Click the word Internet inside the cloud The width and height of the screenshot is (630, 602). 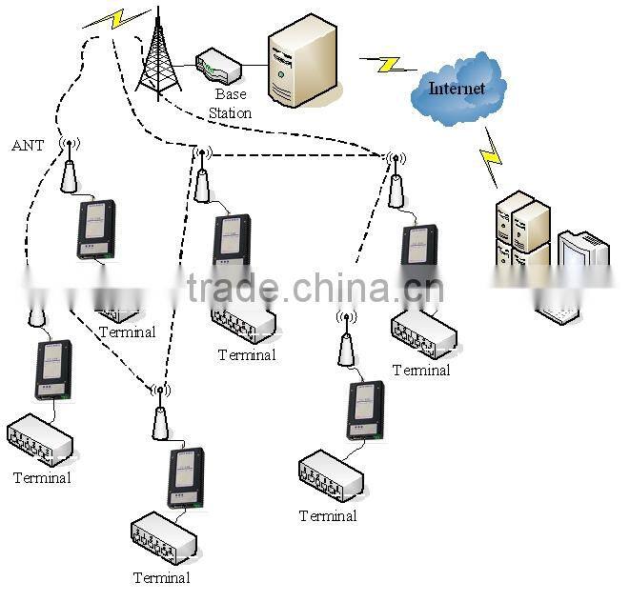point(457,89)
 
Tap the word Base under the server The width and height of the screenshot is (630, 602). point(230,94)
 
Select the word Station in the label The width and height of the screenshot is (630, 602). point(230,113)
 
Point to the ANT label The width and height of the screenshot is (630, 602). point(27,146)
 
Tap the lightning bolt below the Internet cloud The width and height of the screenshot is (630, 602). point(491,156)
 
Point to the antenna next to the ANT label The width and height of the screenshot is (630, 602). point(70,167)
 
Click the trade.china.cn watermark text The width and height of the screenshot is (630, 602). point(315,287)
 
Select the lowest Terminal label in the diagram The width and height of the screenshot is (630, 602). point(161,577)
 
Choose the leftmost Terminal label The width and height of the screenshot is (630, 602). point(42,477)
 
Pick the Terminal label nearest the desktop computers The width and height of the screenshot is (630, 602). point(420,370)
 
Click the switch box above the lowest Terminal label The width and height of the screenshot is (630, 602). point(164,538)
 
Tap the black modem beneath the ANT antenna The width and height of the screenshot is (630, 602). point(95,229)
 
